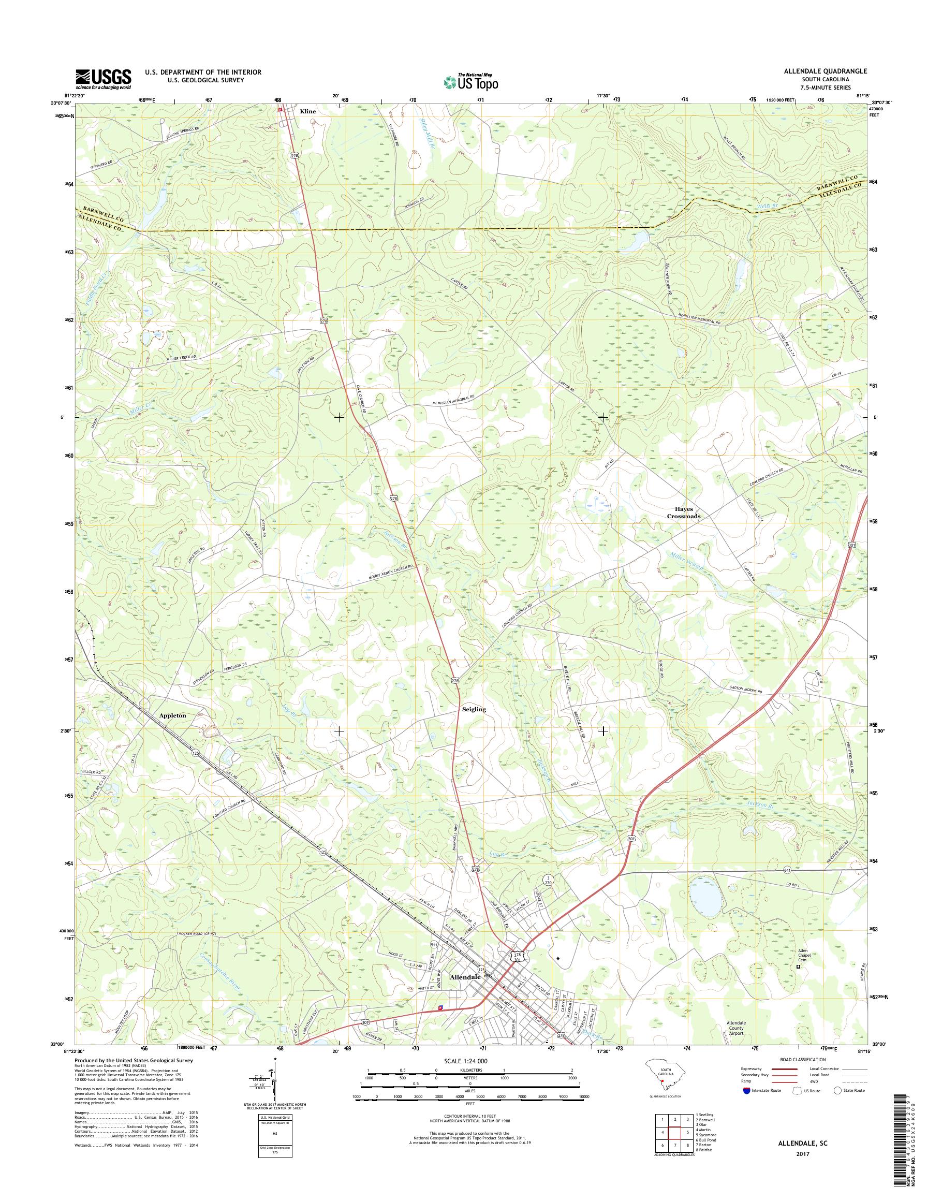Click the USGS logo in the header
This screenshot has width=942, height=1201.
tap(103, 79)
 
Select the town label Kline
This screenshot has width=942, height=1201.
tap(308, 111)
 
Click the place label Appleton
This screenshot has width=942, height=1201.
tap(173, 715)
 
